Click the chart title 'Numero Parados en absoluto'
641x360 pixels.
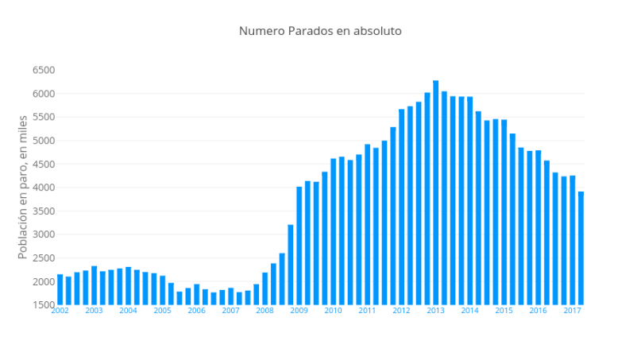(320, 31)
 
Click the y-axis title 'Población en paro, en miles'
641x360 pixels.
(23, 187)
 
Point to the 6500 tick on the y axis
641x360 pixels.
(43, 70)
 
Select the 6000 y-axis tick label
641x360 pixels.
(43, 94)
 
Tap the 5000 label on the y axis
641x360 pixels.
(43, 141)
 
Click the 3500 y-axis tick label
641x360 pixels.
(43, 211)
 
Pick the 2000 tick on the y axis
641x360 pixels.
(43, 281)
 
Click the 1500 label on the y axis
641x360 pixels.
(43, 305)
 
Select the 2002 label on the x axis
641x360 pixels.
(60, 311)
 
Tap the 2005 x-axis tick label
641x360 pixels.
(162, 311)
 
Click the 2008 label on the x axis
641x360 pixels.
(265, 311)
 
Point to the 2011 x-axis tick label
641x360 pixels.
(367, 311)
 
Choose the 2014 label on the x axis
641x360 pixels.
(469, 311)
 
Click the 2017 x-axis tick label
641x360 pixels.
(572, 311)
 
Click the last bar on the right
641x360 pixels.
(581, 248)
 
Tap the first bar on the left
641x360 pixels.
(60, 290)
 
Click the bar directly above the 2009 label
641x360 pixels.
(299, 246)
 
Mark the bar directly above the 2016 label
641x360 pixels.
(538, 227)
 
